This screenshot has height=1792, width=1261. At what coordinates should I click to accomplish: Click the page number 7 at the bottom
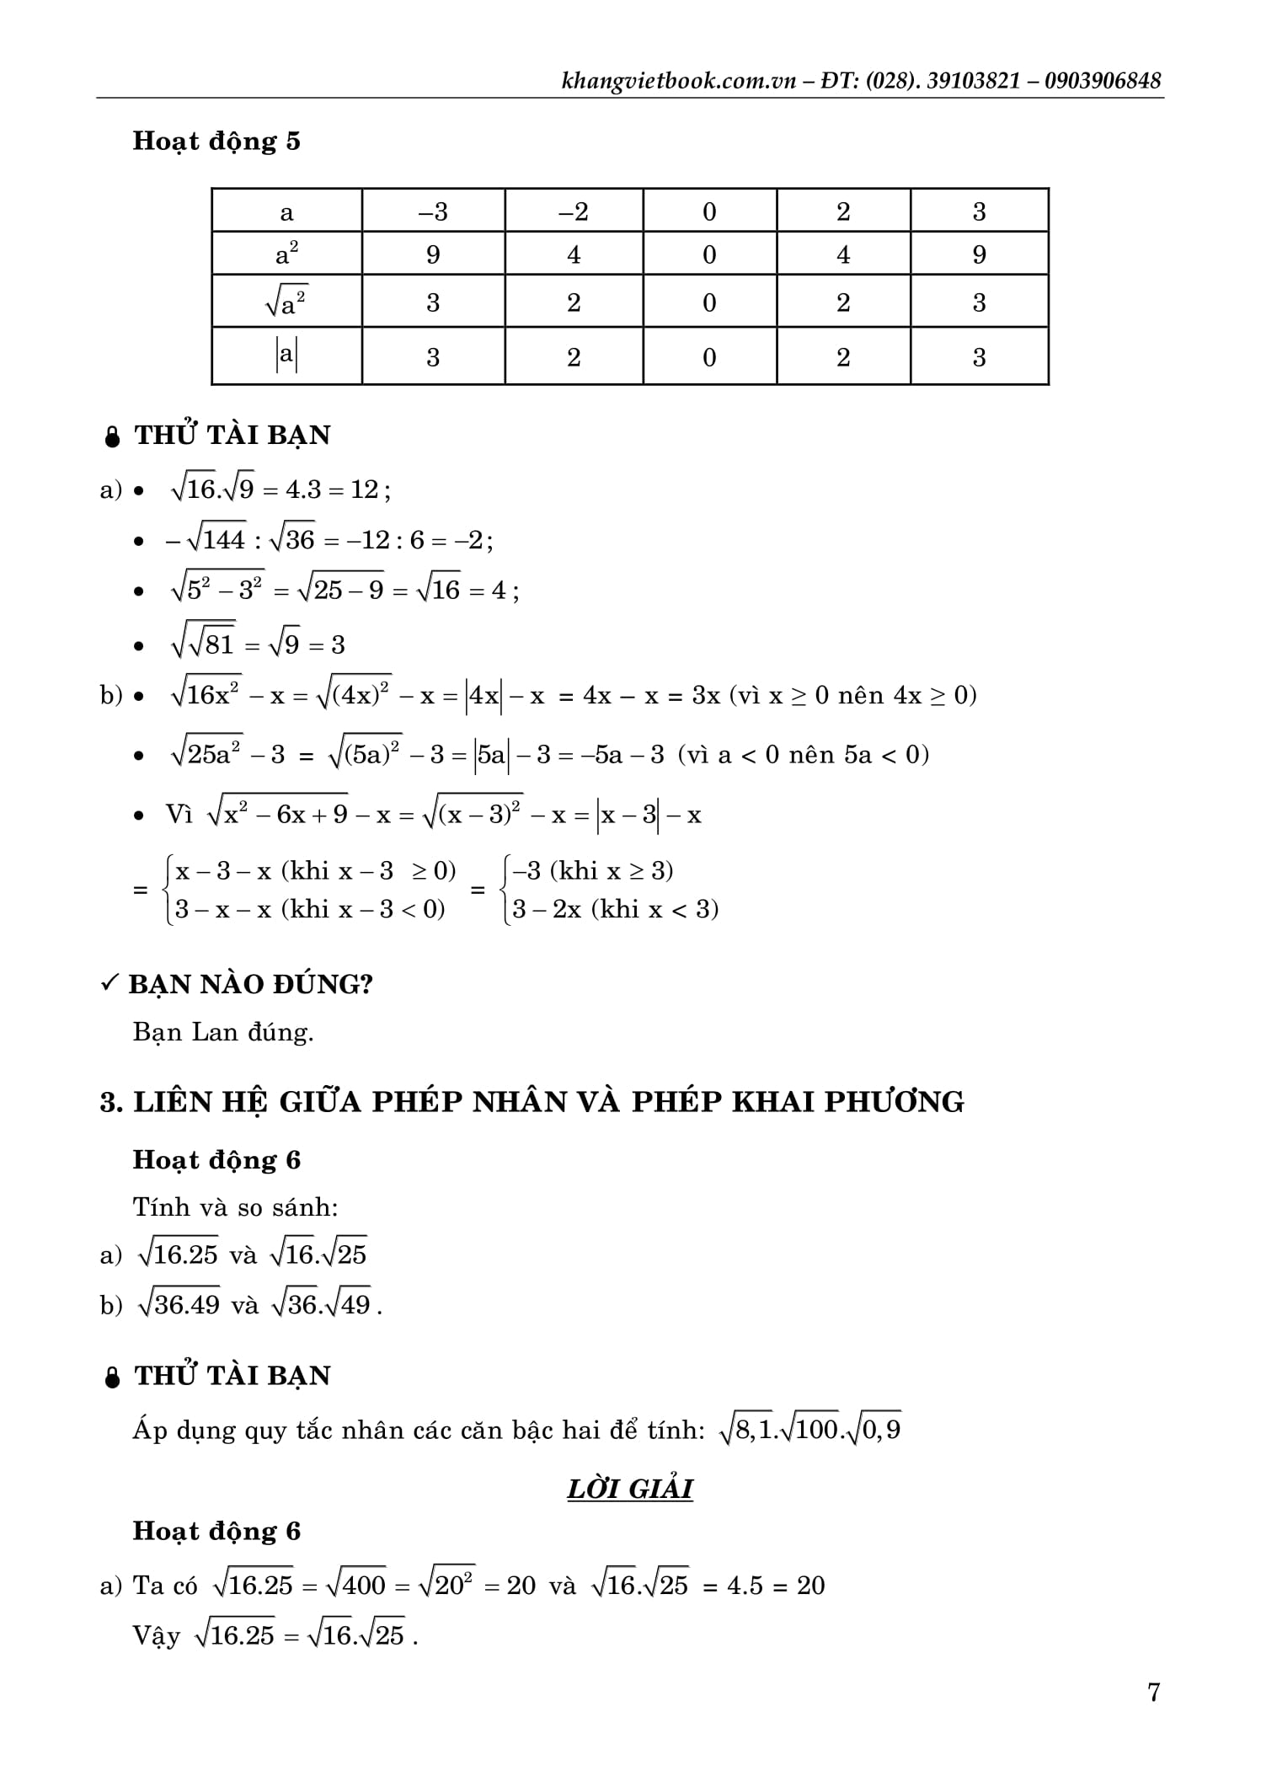[x=1153, y=1692]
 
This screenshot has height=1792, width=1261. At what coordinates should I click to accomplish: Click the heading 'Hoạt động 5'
[x=216, y=141]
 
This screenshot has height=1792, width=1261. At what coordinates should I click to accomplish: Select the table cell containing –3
[x=433, y=211]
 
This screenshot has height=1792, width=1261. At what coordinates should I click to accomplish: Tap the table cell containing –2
[x=574, y=211]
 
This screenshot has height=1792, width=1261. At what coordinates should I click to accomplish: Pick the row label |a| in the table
[x=286, y=356]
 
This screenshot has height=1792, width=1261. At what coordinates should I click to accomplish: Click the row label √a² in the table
[x=286, y=302]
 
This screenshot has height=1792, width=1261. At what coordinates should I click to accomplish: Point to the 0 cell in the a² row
[x=709, y=254]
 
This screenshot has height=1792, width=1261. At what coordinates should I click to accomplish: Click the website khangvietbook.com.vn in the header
[x=678, y=81]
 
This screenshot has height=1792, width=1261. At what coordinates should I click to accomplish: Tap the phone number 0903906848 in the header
[x=1103, y=81]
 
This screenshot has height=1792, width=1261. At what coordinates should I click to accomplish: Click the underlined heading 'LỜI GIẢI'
[x=630, y=1489]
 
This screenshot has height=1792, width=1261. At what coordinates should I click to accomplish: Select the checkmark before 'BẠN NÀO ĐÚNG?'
[x=110, y=983]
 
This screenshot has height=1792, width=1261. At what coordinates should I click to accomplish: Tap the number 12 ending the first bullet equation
[x=364, y=489]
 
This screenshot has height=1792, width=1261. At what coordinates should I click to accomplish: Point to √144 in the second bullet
[x=216, y=538]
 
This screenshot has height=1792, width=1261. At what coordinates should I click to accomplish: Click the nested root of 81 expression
[x=203, y=644]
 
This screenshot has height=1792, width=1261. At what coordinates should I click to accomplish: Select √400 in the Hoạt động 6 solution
[x=355, y=1585]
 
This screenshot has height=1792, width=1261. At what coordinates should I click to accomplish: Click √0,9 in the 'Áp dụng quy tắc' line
[x=874, y=1430]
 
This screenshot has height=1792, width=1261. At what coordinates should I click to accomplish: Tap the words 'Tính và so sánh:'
[x=235, y=1207]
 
